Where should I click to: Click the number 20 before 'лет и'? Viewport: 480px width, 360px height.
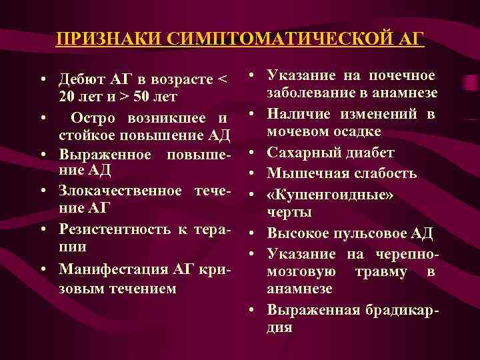click(x=67, y=97)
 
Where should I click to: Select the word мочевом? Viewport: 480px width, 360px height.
click(x=298, y=131)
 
